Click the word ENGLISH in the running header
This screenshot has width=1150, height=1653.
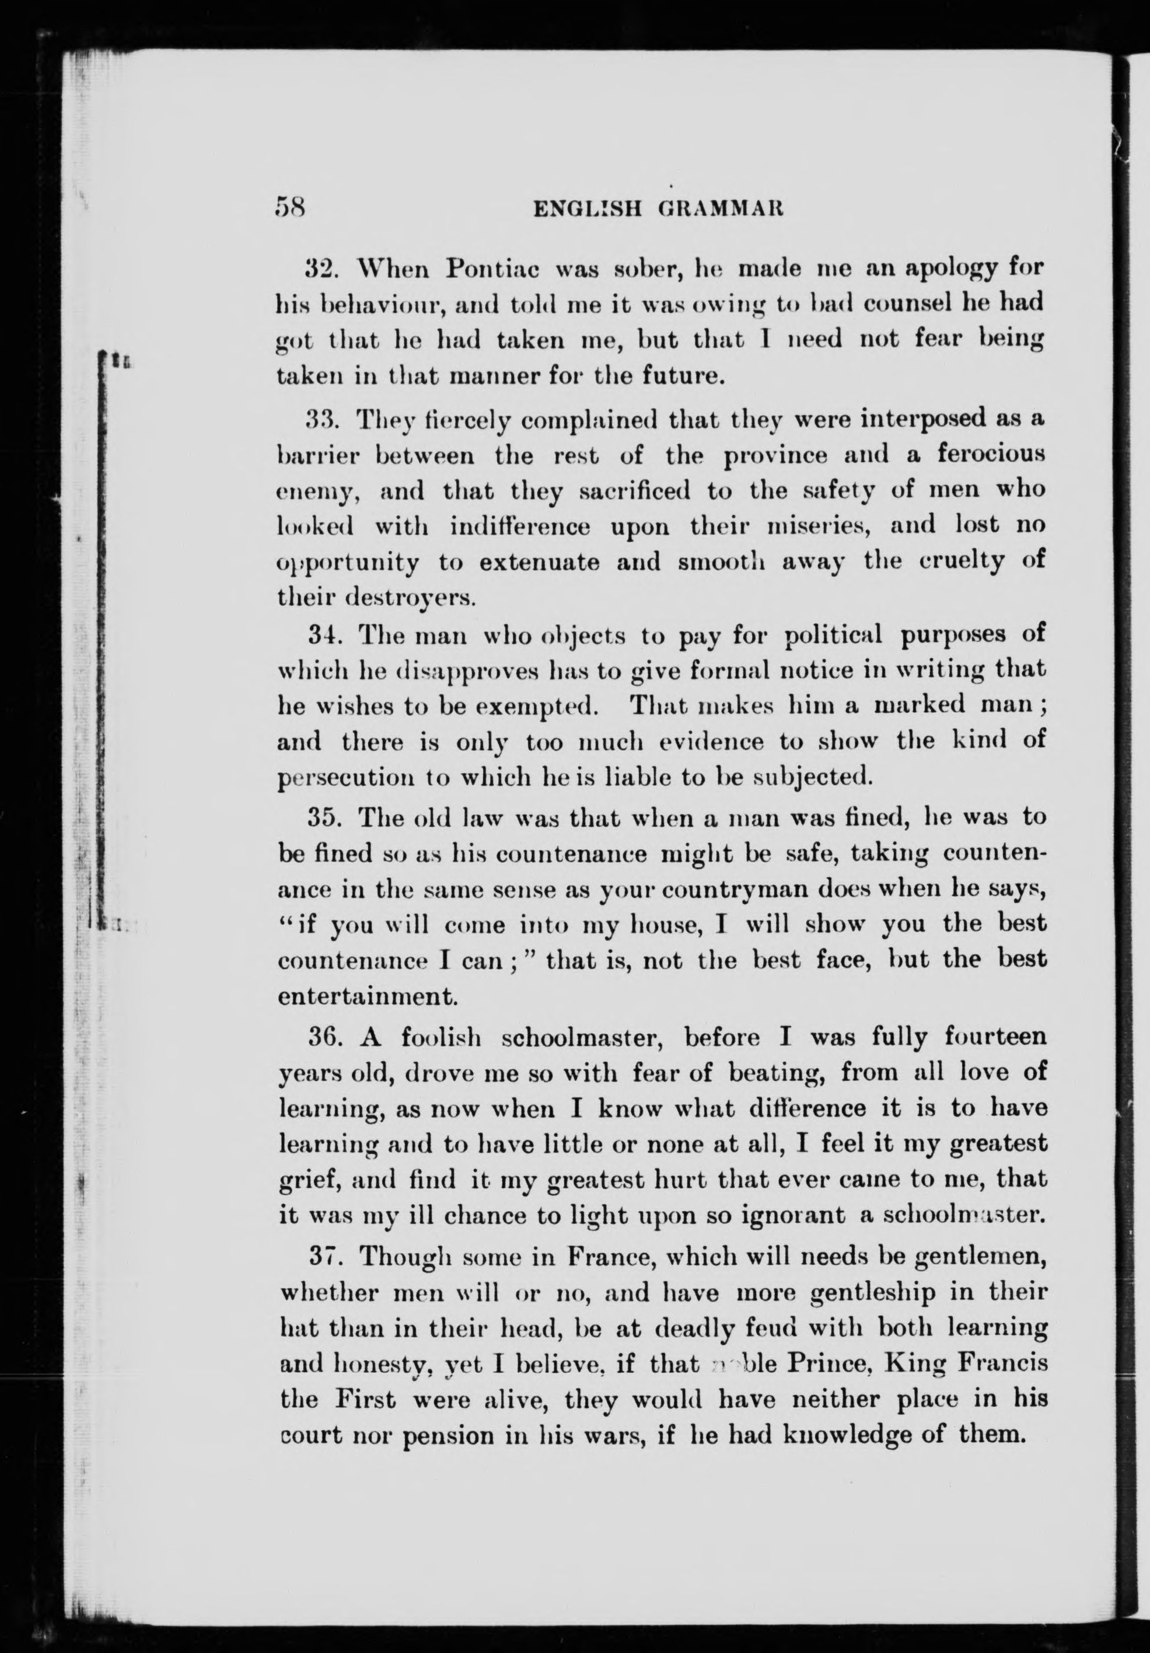(x=586, y=210)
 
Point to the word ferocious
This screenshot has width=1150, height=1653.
(x=990, y=456)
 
